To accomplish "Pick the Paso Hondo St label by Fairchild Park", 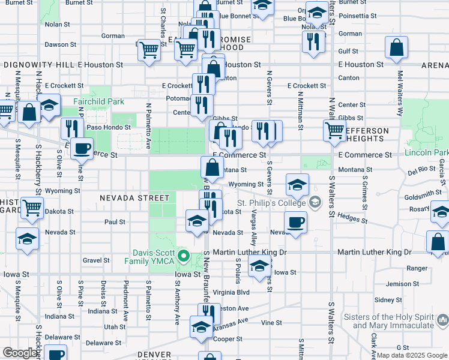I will click(x=109, y=127).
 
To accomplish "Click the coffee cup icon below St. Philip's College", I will click(x=295, y=223).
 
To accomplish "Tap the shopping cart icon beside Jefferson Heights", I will click(x=334, y=130).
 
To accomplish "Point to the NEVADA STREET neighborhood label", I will click(x=134, y=197).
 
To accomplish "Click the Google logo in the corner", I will click(x=20, y=352).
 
